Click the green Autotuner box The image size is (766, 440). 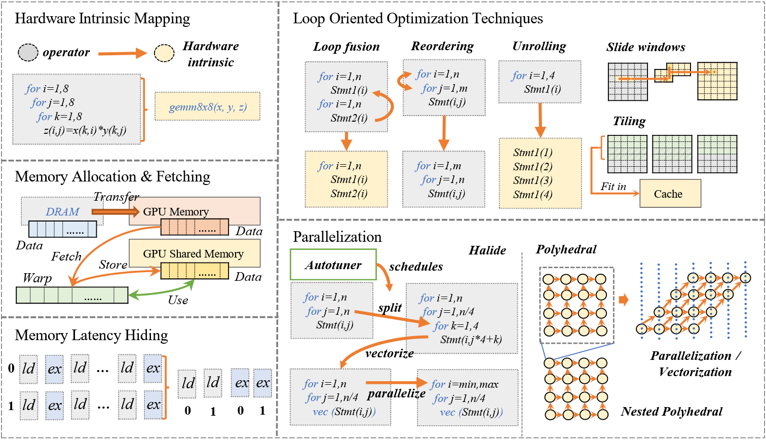(332, 265)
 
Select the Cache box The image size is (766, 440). (670, 194)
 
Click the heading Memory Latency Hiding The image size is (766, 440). (92, 335)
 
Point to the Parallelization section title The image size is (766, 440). (337, 237)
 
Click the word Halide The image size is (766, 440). (487, 250)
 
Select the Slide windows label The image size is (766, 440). (645, 48)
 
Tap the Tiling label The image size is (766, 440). (629, 122)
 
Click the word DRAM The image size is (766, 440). (62, 211)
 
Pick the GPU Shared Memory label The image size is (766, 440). (193, 254)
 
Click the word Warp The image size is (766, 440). (37, 279)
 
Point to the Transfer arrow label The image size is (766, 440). (117, 197)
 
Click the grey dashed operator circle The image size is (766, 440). (28, 53)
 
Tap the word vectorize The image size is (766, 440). (390, 353)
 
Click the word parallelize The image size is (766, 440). (396, 393)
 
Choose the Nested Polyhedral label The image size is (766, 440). (672, 412)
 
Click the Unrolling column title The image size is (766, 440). (539, 47)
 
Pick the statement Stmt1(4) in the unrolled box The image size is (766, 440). (532, 195)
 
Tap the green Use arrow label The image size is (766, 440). (178, 300)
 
